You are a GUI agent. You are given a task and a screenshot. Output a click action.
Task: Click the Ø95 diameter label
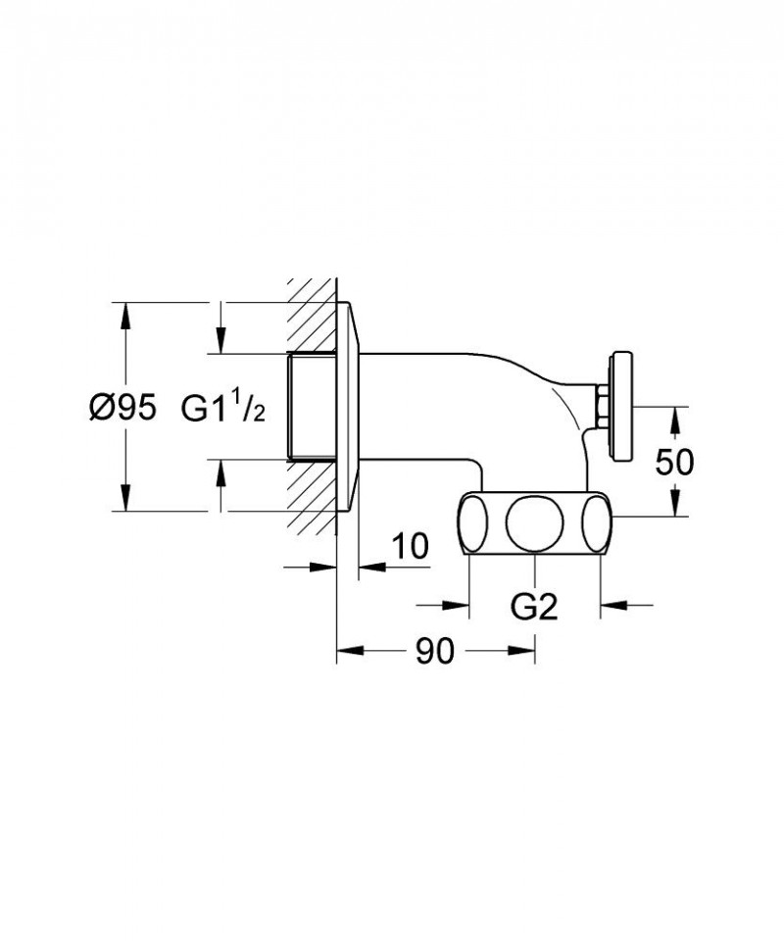click(x=122, y=408)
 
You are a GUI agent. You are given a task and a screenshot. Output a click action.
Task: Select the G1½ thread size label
click(x=223, y=408)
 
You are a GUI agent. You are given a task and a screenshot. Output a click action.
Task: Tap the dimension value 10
click(x=411, y=547)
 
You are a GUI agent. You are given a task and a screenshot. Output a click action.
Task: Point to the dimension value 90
click(x=432, y=651)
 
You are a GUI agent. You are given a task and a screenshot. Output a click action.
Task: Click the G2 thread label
click(x=534, y=608)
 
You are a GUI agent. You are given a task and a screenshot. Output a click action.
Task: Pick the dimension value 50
click(x=674, y=461)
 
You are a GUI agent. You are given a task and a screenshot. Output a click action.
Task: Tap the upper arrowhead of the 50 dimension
click(x=674, y=417)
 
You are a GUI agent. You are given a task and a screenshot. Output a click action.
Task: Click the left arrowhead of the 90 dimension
click(x=349, y=650)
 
